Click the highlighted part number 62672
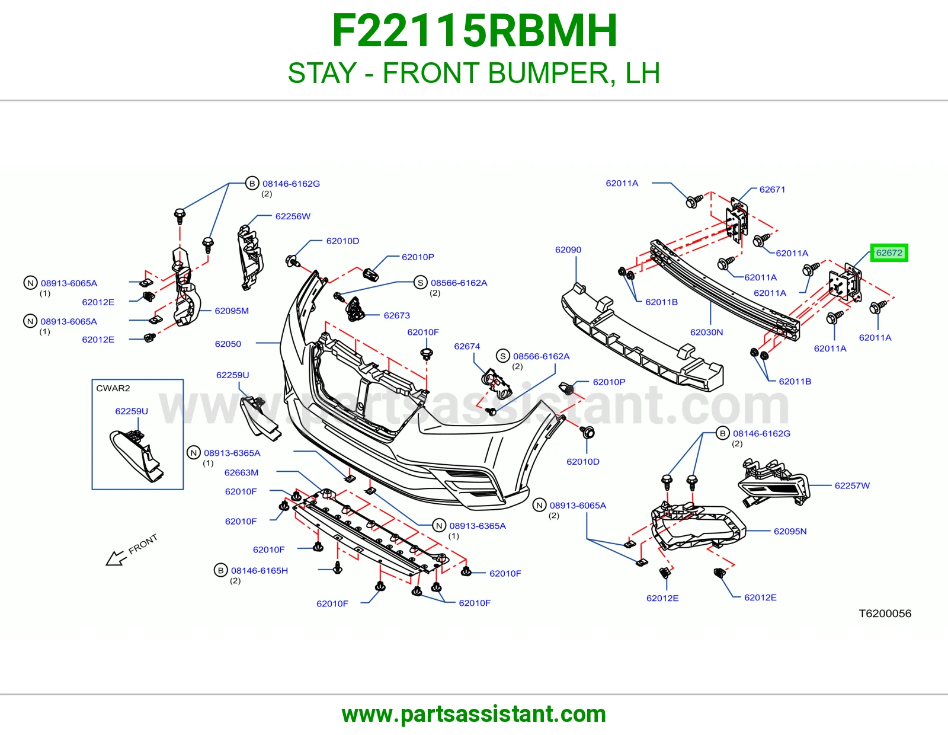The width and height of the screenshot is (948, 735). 889,253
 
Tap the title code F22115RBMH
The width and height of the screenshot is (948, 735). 474,31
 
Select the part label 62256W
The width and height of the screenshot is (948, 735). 293,216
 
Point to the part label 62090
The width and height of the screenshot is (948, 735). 568,250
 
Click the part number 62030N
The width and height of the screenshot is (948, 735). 706,332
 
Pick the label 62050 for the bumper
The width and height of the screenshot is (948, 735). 228,344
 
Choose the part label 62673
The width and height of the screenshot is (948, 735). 396,315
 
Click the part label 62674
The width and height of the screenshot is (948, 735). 467,347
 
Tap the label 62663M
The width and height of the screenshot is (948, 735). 241,472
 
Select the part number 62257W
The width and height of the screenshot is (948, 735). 852,486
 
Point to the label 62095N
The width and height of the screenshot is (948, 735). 790,532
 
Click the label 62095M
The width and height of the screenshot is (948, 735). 232,311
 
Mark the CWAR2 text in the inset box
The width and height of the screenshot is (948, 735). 113,388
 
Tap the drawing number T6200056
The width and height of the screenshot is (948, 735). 885,613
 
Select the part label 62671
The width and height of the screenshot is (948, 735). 772,190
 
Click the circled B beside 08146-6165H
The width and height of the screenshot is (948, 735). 221,570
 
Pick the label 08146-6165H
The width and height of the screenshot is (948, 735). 259,571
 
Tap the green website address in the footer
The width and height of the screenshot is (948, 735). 474,714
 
